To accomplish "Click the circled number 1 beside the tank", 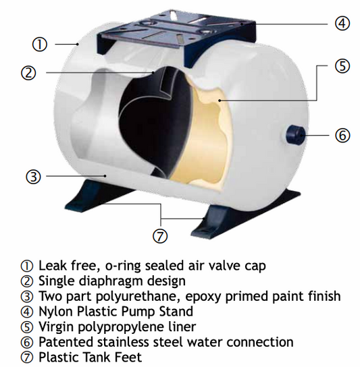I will tap(40, 45).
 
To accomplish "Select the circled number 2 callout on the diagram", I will tap(28, 74).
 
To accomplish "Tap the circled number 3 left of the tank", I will tap(34, 177).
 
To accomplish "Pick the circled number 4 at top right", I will tap(342, 22).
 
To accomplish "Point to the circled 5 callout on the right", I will tap(342, 67).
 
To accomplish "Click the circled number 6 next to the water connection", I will tap(343, 135).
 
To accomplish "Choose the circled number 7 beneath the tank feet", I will tap(161, 236).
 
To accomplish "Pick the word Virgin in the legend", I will tap(56, 327).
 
